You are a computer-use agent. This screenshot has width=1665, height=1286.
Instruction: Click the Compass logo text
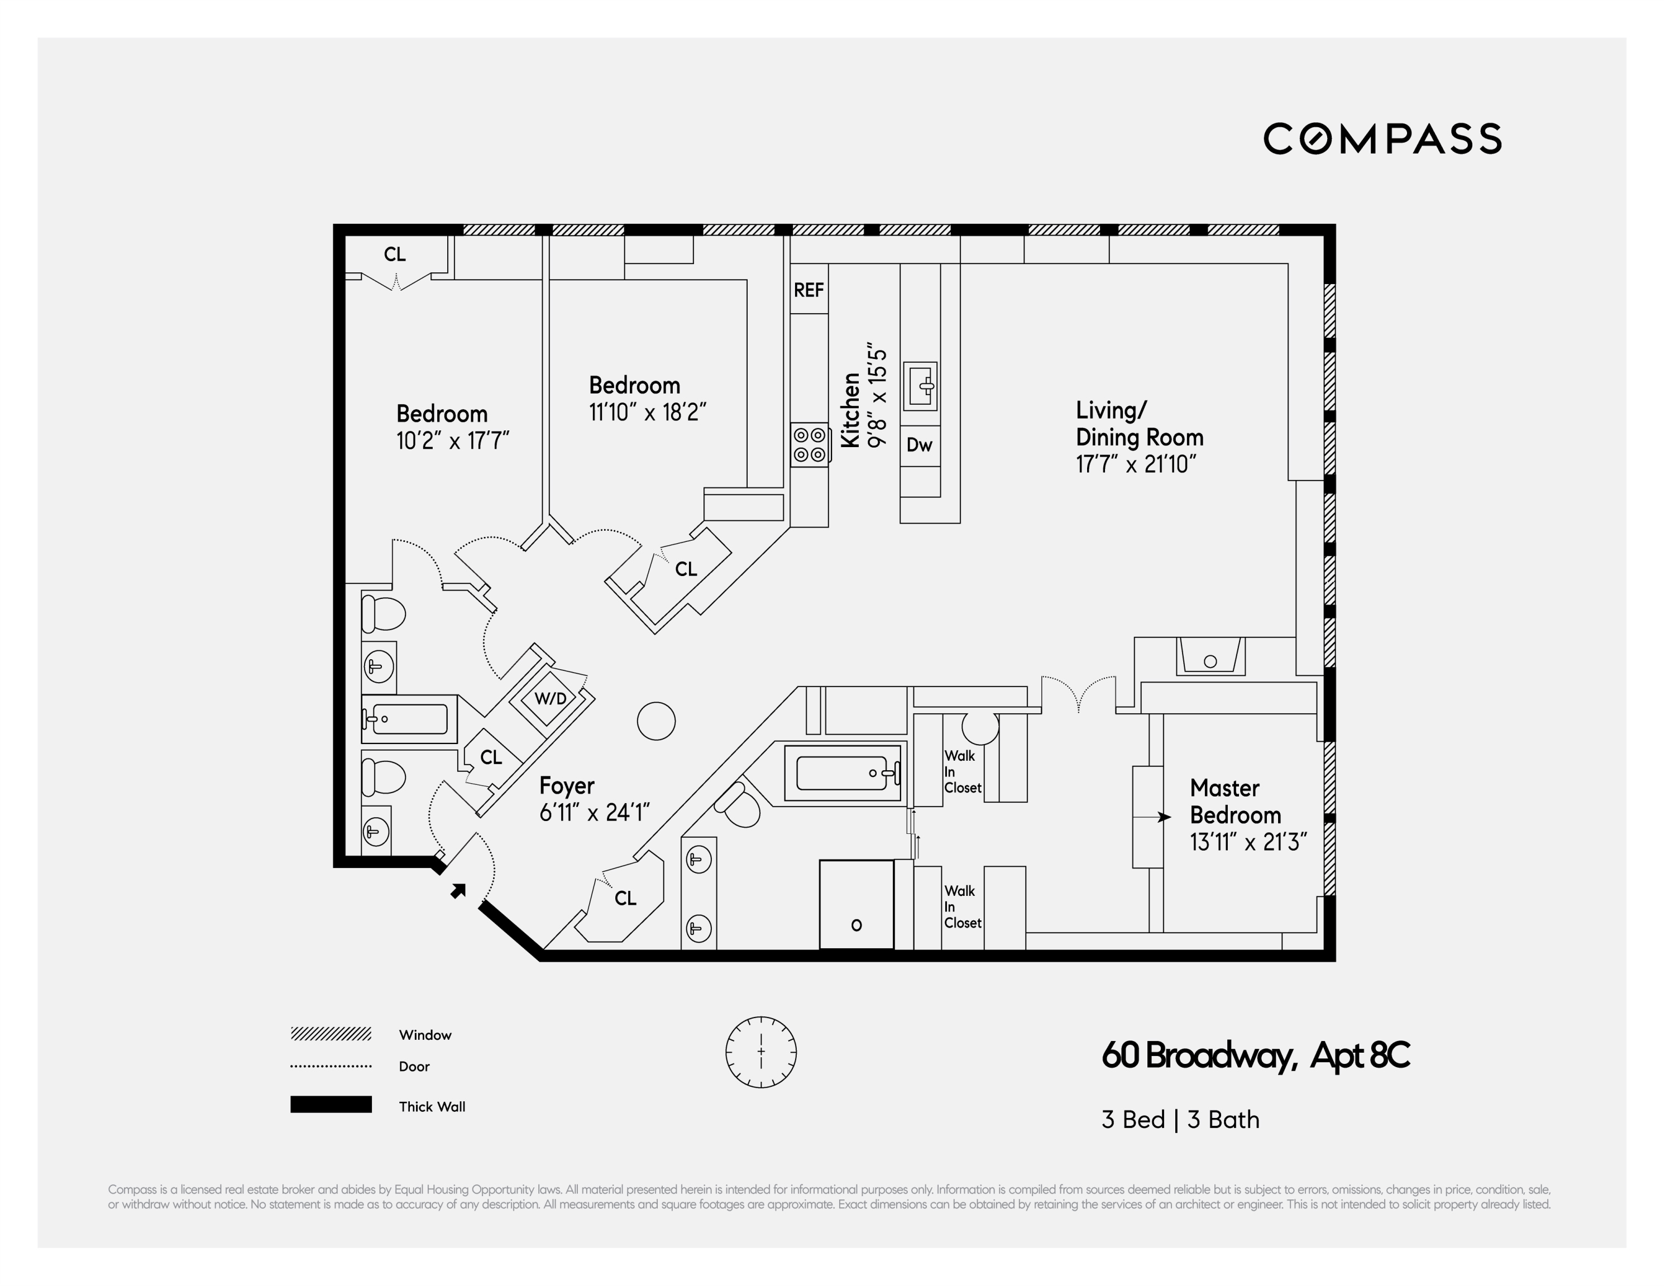click(x=1382, y=139)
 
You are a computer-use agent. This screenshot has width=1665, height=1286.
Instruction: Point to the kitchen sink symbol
click(x=920, y=386)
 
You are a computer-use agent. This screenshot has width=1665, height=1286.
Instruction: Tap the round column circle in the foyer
click(x=656, y=721)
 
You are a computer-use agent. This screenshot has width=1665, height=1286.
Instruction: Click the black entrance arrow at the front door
click(x=457, y=890)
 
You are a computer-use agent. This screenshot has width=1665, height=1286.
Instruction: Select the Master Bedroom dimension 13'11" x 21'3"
click(x=1248, y=842)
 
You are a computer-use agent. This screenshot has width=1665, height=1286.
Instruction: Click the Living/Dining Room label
click(x=1139, y=424)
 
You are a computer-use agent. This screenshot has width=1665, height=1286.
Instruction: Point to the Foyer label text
click(x=566, y=786)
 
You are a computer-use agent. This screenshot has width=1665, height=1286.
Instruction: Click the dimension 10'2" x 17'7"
click(x=452, y=440)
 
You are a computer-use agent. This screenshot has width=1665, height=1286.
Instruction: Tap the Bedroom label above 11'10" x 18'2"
click(x=634, y=385)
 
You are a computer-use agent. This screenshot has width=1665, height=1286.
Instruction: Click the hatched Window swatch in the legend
click(x=331, y=1034)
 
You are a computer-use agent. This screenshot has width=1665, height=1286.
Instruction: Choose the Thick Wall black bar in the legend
click(x=331, y=1105)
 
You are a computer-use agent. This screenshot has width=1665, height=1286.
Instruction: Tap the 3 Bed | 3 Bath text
click(x=1180, y=1120)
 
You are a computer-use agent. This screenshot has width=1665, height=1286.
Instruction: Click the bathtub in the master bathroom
click(x=841, y=773)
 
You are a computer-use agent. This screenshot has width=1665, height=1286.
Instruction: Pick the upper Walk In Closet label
click(x=962, y=771)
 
